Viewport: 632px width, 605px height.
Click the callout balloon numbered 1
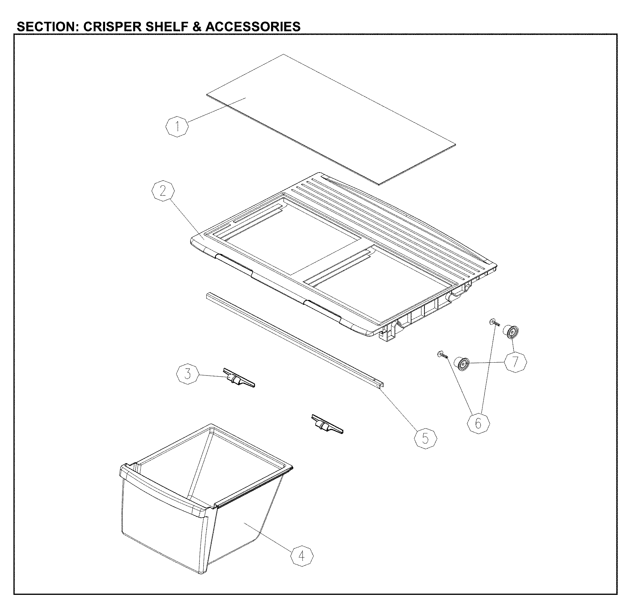click(177, 126)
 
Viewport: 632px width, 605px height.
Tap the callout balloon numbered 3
click(188, 374)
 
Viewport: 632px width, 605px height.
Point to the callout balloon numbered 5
click(425, 438)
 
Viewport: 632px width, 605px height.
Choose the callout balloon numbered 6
click(478, 423)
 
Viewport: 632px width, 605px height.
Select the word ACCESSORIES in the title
click(253, 27)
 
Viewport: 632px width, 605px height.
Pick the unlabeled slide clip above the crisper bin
click(326, 424)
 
